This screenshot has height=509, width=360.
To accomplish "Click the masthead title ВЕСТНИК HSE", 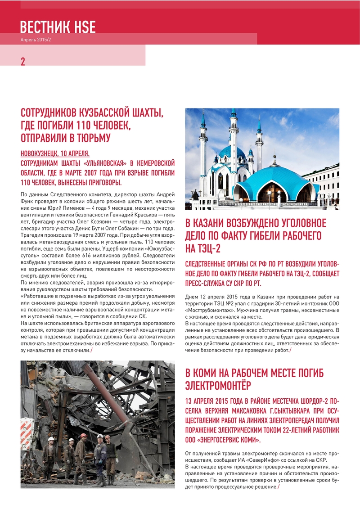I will point(58,27).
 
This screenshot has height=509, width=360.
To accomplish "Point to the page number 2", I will point(23,62).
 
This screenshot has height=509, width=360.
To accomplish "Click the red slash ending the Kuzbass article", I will point(91,351).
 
